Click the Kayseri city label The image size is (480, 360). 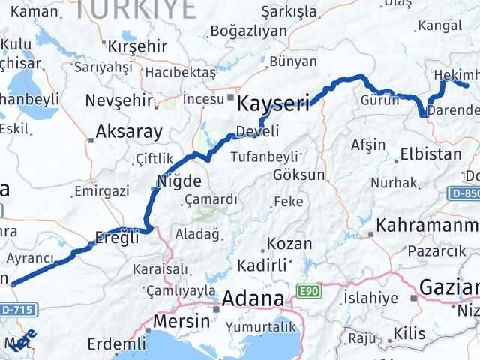[273, 102]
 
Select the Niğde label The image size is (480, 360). [178, 181]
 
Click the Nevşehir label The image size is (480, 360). [118, 100]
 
